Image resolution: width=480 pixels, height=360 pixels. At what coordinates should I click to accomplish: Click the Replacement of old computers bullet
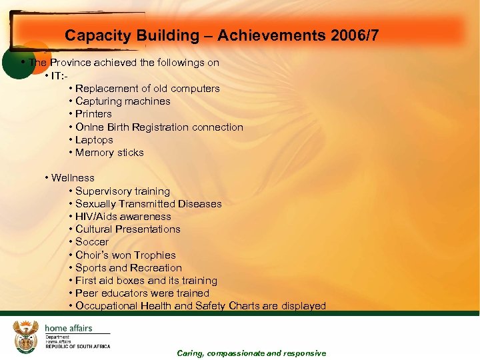147,89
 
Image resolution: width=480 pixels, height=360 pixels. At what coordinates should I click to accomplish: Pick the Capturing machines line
123,101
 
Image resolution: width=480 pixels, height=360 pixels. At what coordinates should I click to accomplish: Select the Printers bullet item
93,114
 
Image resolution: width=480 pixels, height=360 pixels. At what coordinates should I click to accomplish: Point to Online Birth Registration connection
159,127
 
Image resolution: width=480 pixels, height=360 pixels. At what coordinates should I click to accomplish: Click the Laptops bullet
94,140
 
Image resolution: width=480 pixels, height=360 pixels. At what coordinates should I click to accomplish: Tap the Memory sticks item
109,153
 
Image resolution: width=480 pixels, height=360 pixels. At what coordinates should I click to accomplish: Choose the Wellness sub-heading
73,178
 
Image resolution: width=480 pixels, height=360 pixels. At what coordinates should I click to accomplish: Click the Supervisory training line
122,191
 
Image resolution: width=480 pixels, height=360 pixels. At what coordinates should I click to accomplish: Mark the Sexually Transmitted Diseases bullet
148,204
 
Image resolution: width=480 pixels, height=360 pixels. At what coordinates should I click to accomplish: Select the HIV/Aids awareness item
123,217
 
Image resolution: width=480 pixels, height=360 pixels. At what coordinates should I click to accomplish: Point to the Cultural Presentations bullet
127,229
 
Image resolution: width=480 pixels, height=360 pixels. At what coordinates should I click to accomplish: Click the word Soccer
92,242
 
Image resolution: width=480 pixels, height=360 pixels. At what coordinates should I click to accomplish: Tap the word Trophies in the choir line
154,255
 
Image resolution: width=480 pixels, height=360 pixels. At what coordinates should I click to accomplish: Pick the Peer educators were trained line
142,293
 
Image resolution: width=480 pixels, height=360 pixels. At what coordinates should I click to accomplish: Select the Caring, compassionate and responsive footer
251,353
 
